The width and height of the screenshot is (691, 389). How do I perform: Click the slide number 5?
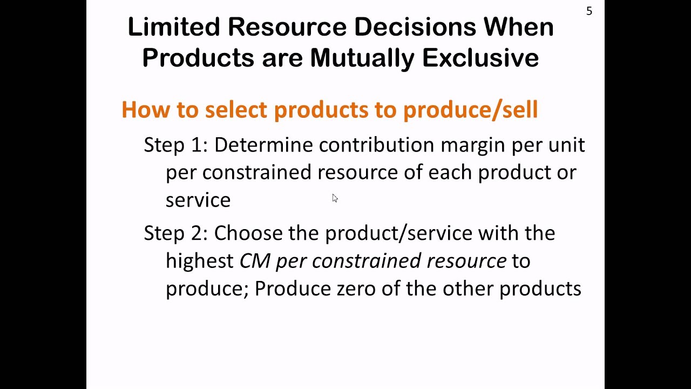click(589, 11)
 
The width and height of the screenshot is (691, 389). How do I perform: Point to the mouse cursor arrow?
click(335, 198)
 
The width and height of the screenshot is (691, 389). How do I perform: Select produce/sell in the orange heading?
click(470, 110)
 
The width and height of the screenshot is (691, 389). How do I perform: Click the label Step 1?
click(175, 145)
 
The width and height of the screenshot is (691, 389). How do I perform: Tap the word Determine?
click(263, 145)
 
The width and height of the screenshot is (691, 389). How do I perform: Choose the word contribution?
click(376, 145)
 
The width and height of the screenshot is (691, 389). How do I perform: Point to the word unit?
click(567, 145)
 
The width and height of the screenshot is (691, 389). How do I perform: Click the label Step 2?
click(175, 233)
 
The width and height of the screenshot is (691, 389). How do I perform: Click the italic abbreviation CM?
click(255, 261)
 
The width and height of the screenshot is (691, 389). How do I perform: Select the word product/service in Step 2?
click(398, 233)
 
